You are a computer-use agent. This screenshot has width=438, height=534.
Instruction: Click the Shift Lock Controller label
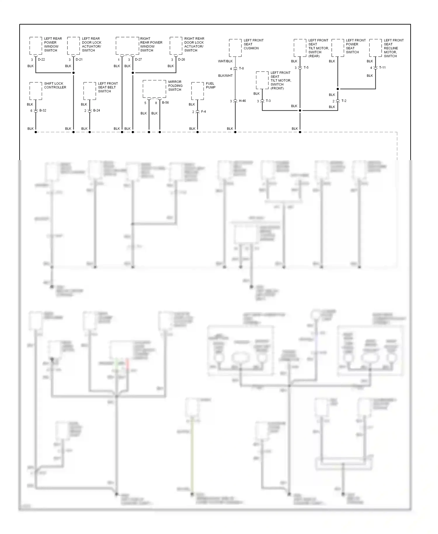pos(55,85)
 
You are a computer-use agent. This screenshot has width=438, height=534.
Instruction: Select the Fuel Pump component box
pos(197,91)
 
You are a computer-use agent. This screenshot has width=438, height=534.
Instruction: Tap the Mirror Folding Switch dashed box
pos(154,89)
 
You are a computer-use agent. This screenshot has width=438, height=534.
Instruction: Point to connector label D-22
pos(41,60)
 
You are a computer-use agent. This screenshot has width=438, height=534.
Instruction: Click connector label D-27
pos(138,60)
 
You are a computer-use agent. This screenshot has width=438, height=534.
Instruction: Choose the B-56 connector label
pos(165,103)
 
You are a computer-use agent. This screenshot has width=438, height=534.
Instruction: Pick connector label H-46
pos(242,101)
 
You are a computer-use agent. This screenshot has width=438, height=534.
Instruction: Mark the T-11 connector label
pos(382,67)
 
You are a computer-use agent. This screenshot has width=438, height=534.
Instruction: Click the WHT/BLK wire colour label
pos(225,61)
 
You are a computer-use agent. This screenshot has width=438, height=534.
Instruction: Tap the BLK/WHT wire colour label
pos(225,76)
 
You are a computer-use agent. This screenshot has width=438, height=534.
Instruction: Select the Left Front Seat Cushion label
pos(253,44)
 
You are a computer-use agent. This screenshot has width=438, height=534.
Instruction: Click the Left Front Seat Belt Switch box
pos(90,91)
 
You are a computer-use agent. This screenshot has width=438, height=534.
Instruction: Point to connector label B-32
pos(43,110)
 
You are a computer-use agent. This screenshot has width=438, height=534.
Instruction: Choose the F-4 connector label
pos(203,112)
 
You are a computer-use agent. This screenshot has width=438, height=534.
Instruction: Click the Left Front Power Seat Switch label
pos(356,46)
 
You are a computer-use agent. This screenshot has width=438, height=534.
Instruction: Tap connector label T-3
pos(268,101)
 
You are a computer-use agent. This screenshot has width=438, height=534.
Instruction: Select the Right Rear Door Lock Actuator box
pos(176,46)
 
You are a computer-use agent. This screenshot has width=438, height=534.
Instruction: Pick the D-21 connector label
pos(79,60)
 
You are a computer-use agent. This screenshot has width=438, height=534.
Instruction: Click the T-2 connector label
pos(344,101)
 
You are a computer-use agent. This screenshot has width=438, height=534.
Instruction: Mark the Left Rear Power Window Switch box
pos(36,46)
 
